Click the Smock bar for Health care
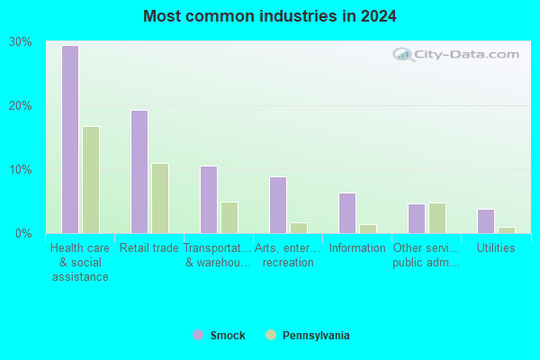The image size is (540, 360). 70,139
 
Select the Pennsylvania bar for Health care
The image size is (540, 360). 91,180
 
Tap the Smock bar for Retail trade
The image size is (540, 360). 139,172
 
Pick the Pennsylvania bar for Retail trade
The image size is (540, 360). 160,198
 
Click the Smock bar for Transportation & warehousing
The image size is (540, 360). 209,200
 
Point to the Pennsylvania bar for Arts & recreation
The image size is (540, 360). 299,228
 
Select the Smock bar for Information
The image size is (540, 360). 347,213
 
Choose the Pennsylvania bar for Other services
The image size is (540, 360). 437,218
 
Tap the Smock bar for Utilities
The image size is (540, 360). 486,221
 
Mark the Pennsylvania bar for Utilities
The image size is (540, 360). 506,230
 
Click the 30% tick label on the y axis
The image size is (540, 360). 21,42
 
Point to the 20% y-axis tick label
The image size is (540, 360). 21,106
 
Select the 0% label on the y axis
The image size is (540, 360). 23,234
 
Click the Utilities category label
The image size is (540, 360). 496,247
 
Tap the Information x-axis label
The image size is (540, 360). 357,247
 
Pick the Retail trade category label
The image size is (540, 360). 149,247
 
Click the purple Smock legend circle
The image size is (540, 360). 198,335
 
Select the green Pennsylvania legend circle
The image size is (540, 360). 271,335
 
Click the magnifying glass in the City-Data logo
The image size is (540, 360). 403,54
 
